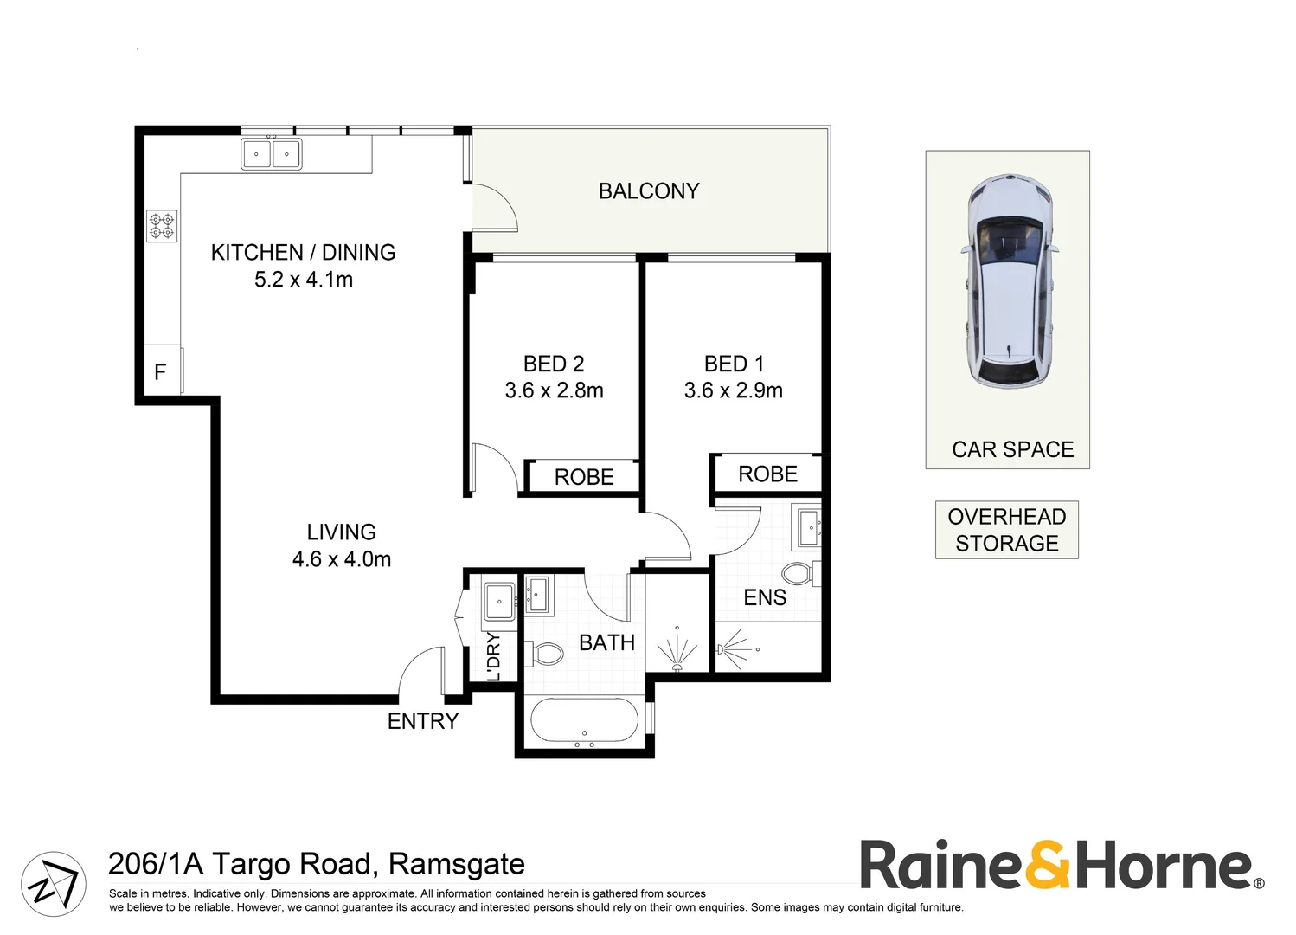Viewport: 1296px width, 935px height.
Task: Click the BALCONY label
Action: (649, 191)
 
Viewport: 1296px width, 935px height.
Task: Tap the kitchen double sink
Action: (272, 154)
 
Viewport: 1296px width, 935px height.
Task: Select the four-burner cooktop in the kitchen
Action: (162, 226)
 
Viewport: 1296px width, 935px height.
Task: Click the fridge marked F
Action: (163, 371)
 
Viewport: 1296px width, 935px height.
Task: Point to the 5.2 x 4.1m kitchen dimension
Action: (304, 280)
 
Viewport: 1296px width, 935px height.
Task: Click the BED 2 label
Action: (554, 364)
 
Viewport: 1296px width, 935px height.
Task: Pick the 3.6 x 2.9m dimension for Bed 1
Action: (733, 390)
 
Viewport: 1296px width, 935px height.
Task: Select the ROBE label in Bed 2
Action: (584, 477)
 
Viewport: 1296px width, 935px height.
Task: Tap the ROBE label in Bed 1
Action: (767, 474)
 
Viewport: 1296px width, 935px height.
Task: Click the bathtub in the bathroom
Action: (584, 720)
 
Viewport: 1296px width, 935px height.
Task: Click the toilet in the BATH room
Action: (544, 654)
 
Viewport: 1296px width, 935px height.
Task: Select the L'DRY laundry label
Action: (493, 656)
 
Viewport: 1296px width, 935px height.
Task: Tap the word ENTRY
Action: (423, 721)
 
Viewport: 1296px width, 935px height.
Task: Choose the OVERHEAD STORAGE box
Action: (1007, 530)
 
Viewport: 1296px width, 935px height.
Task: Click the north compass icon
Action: (54, 884)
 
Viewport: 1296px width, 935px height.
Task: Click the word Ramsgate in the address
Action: (457, 864)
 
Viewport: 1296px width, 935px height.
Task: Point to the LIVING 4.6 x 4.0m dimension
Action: (342, 559)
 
